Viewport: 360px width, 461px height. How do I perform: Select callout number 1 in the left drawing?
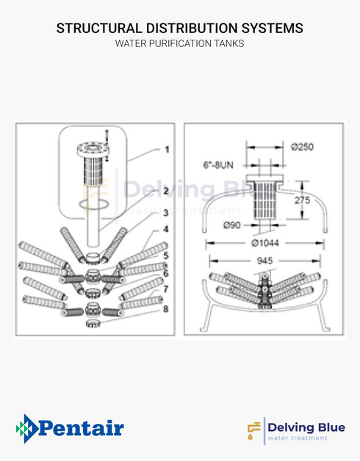click(166, 149)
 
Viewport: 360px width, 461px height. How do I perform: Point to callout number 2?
click(166, 190)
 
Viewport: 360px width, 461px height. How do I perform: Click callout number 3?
click(166, 212)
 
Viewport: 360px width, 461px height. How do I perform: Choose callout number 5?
click(166, 255)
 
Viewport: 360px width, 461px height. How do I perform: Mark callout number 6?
click(166, 273)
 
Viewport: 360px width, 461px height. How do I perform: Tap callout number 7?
click(166, 288)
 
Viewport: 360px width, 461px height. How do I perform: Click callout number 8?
click(166, 309)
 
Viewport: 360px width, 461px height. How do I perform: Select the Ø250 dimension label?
click(303, 147)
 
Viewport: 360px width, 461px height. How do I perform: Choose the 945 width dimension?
click(266, 260)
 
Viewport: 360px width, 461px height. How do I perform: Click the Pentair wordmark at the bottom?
click(80, 428)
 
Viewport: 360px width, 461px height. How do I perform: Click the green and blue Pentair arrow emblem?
click(26, 428)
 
